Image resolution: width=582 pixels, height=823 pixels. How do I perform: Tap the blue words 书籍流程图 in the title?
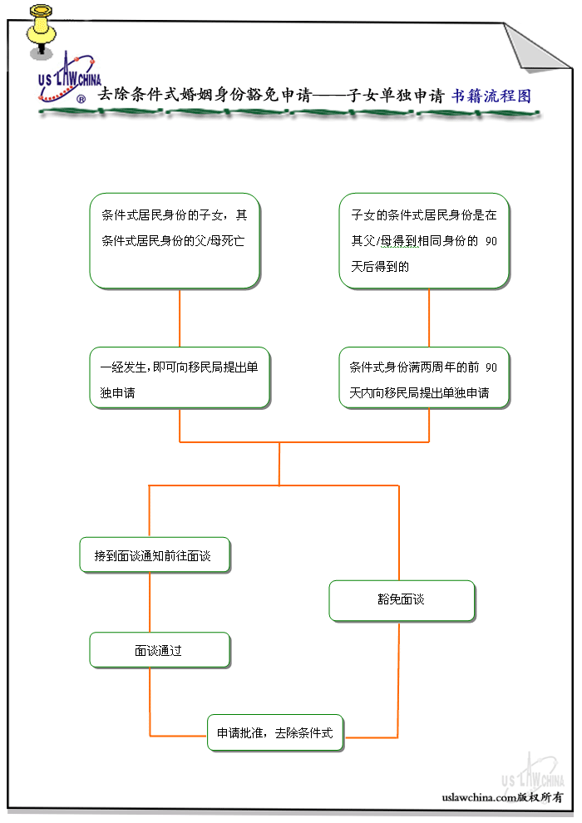point(491,96)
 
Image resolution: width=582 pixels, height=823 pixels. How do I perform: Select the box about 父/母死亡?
point(175,241)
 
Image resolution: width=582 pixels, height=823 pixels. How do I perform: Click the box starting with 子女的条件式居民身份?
point(424,241)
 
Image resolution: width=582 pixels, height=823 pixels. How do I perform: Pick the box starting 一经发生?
point(180,378)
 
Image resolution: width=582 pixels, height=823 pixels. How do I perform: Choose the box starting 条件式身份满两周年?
point(424,378)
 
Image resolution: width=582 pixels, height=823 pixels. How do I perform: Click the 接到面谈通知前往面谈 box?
point(155,555)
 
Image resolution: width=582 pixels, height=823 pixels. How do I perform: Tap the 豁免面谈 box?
point(402,600)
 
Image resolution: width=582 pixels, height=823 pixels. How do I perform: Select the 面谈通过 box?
point(159,650)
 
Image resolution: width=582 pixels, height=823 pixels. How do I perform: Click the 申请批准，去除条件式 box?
point(275,733)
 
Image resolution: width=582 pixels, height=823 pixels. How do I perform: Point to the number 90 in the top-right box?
point(491,241)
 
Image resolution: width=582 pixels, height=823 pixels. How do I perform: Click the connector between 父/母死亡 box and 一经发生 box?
point(180,318)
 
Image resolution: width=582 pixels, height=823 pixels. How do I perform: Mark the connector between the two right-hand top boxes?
point(429,318)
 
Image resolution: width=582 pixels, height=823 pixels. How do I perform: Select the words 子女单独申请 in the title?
point(396,96)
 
